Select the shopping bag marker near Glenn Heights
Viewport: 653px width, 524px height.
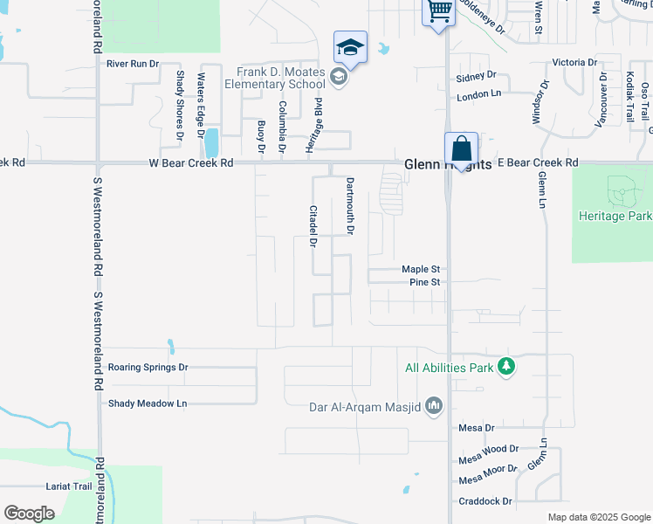coord(460,149)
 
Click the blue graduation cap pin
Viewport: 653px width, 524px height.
coord(350,47)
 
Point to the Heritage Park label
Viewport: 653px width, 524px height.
coord(615,216)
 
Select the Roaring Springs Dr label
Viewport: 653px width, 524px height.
coord(147,368)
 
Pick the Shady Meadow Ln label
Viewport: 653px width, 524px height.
coord(148,403)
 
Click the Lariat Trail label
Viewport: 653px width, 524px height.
coord(69,486)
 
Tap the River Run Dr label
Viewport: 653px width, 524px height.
coord(133,64)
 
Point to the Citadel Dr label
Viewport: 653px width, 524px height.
coord(312,226)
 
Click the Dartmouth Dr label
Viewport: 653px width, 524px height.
coord(349,207)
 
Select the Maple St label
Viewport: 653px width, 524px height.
coord(424,270)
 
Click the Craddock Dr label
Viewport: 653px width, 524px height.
coord(485,501)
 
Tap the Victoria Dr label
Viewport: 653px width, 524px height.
coord(574,63)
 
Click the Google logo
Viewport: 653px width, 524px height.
coord(29,513)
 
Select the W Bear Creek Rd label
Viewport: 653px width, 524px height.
coord(191,162)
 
